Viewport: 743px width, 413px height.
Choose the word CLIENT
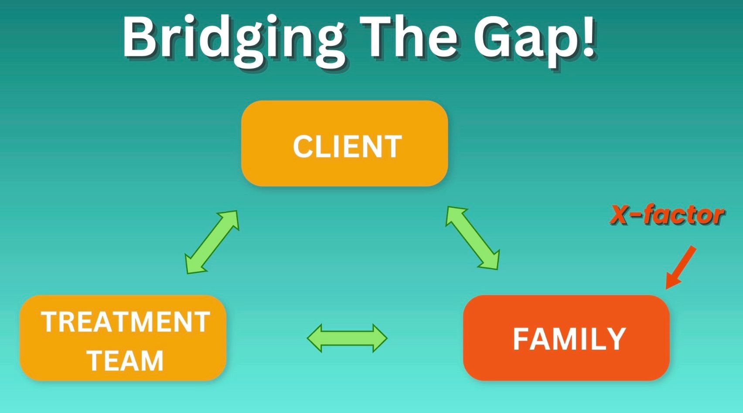point(347,147)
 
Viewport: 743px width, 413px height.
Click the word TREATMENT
point(126,322)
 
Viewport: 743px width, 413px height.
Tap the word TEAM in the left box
point(126,361)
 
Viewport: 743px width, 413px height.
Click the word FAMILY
point(569,339)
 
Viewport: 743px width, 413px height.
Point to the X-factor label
point(667,215)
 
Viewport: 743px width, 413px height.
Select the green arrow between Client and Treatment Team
point(212,242)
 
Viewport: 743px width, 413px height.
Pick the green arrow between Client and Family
point(472,238)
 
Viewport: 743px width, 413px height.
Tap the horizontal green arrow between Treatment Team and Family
point(347,338)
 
